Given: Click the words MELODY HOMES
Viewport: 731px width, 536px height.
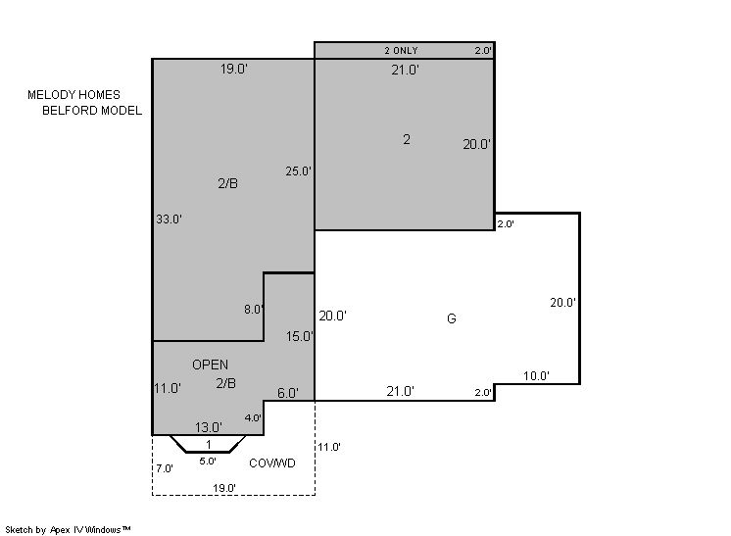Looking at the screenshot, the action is (73, 95).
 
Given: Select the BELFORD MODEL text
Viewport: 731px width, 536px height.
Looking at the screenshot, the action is (92, 111).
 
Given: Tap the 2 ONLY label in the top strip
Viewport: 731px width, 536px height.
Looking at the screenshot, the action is (401, 50).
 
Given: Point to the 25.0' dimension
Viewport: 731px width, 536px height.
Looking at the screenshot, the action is (298, 171).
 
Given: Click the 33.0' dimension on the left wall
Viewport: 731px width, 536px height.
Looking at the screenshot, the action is (169, 219).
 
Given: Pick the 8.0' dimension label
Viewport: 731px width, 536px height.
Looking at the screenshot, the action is (254, 309).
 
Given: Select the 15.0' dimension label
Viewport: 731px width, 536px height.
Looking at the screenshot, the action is (299, 336).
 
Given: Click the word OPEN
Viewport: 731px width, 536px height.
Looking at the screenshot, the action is (211, 365).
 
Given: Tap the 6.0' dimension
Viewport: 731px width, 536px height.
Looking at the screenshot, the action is (288, 393).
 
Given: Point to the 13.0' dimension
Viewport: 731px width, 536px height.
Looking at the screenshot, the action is (209, 427).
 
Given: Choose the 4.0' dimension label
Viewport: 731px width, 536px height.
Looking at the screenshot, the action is (253, 418).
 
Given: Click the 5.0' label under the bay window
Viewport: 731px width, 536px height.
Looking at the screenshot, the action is (208, 461).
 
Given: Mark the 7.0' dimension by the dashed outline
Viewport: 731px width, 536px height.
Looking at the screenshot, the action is (165, 468).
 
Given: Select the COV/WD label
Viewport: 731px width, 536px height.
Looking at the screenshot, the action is (272, 463).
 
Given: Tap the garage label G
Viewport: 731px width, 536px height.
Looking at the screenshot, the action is (452, 318).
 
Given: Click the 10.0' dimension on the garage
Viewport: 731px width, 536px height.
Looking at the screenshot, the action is (536, 375).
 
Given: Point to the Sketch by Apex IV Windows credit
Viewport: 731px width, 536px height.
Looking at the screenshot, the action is (68, 529).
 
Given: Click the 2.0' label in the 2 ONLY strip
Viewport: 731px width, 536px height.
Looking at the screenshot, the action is (483, 50).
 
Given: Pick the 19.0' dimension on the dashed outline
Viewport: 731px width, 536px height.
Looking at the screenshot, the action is (224, 488).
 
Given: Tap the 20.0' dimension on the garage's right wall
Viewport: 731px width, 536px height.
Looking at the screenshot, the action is (562, 303).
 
